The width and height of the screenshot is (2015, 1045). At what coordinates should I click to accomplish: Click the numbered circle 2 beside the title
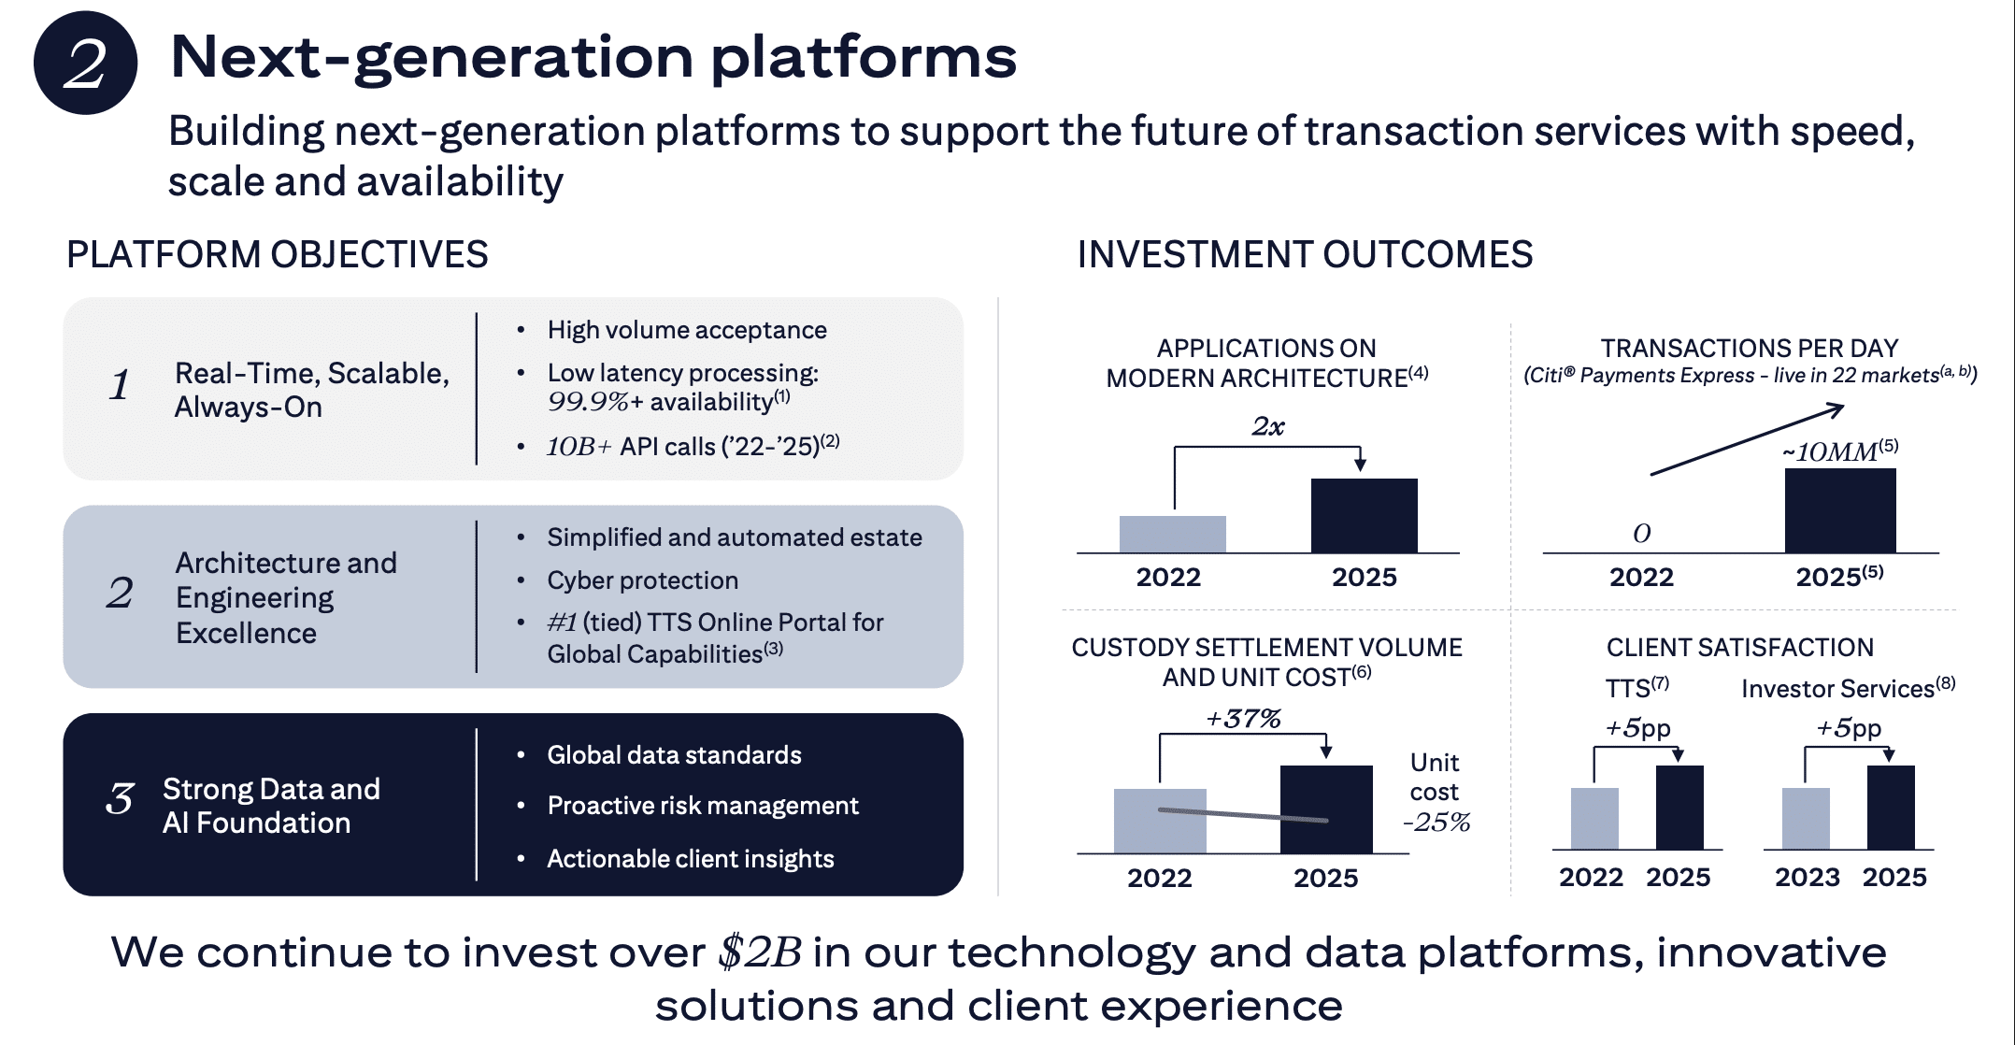point(86,63)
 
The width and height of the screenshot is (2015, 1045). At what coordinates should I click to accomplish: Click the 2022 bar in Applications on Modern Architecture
point(1172,534)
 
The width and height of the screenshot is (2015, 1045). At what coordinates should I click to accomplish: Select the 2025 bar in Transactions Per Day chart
point(1840,510)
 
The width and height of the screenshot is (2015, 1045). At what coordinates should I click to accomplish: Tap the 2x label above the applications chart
point(1268,426)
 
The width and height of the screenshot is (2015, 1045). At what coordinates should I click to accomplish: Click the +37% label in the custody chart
point(1243,718)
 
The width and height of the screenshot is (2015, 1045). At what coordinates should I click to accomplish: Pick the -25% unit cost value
point(1436,823)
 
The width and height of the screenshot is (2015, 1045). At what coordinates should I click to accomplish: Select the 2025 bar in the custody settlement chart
point(1326,809)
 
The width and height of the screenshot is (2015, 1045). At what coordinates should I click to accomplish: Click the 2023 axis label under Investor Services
point(1808,877)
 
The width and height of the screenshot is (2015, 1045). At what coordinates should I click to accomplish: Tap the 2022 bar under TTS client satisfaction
point(1594,819)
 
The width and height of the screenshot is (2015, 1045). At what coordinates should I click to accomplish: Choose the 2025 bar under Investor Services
point(1891,808)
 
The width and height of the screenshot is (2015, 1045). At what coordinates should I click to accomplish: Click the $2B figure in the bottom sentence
point(760,952)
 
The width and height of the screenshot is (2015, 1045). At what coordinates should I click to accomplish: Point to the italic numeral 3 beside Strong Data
point(120,798)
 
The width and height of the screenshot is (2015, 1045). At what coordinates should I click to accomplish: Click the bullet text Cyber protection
point(643,580)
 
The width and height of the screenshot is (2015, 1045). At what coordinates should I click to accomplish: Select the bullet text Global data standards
point(674,755)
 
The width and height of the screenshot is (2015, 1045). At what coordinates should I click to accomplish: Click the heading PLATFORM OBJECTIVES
point(278,254)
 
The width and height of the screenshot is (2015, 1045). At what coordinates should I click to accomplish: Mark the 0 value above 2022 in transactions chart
point(1642,533)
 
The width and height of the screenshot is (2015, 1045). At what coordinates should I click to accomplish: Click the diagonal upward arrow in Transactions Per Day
point(1747,439)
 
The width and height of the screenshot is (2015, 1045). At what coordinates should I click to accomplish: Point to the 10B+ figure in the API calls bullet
point(579,447)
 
